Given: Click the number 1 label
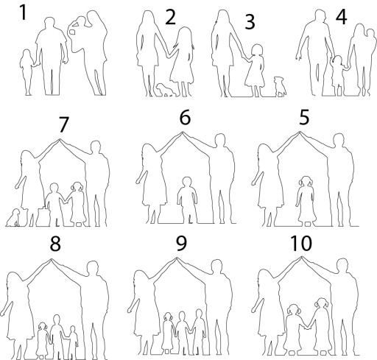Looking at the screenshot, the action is coord(24,13).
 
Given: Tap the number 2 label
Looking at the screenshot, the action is coord(171,18).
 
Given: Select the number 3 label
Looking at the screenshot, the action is coord(250,22).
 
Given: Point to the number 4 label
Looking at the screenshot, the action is coord(342,17).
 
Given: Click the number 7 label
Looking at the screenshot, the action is coord(63,125).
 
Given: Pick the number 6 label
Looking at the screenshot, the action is coord(185,118).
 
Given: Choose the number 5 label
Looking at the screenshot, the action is coord(304,118).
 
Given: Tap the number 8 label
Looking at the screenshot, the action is coord(55,244).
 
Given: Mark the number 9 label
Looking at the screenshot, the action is coord(181,244).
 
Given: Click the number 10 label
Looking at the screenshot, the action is coord(301,244).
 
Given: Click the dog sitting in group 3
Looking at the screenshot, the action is coord(280,86).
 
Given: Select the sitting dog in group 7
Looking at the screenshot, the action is coord(13,218).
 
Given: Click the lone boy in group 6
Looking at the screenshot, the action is coord(187,200).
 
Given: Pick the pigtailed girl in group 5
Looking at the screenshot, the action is coord(306,200).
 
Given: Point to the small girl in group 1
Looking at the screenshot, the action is coord(27,72).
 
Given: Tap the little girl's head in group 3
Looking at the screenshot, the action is coord(257,50).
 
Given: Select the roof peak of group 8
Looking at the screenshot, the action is coord(51,259).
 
